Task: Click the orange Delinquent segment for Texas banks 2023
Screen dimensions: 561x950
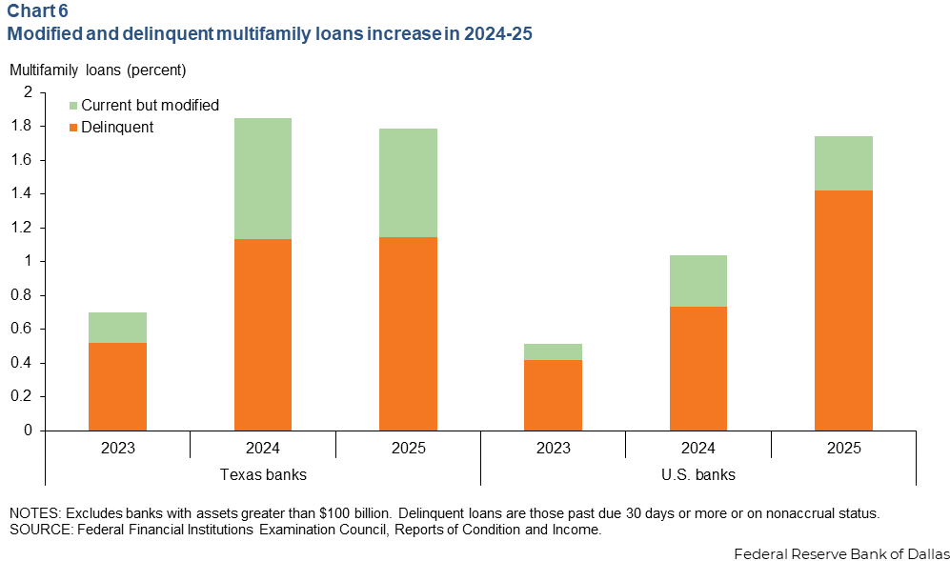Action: tap(117, 387)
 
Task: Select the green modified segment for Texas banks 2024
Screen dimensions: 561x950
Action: tap(263, 178)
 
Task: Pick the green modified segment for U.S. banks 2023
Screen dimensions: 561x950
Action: tap(554, 351)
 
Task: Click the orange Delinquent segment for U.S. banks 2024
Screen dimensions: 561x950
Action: tap(698, 369)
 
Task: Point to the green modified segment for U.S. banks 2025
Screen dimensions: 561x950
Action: tap(843, 163)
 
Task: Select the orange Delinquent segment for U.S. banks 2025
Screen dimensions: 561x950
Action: tap(843, 311)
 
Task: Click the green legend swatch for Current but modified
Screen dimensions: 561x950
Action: tap(73, 106)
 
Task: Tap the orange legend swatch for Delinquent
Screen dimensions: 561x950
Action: tap(73, 128)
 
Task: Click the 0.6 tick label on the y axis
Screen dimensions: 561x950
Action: tap(22, 329)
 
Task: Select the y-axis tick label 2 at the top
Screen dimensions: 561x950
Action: tap(28, 92)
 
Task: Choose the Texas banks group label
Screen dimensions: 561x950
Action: tap(263, 474)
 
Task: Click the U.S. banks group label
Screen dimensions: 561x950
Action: tap(698, 474)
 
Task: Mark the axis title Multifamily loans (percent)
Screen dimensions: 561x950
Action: tap(98, 70)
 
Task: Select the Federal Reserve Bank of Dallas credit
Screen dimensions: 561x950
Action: tap(841, 551)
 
